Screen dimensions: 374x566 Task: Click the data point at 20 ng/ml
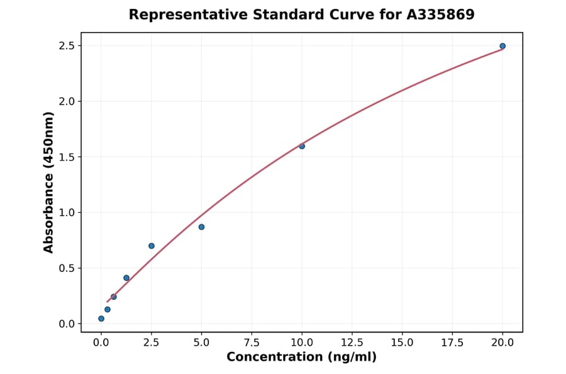(x=502, y=46)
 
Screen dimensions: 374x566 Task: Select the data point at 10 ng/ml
(x=302, y=146)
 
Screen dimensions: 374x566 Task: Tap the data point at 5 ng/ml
(x=201, y=227)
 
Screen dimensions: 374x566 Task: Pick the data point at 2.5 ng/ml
(x=152, y=246)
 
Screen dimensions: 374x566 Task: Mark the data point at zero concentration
(x=101, y=319)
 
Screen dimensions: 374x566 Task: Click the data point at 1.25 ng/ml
(x=126, y=278)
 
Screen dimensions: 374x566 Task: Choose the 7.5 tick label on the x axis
(x=252, y=343)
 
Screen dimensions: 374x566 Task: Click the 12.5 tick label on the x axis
(x=352, y=343)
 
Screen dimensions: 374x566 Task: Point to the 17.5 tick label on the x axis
(x=452, y=343)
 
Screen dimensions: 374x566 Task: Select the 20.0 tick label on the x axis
(x=502, y=343)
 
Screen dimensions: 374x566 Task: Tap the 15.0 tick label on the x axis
(x=402, y=343)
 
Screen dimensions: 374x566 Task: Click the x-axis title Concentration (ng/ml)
(x=301, y=358)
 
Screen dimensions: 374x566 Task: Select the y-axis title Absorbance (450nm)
(x=48, y=183)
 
